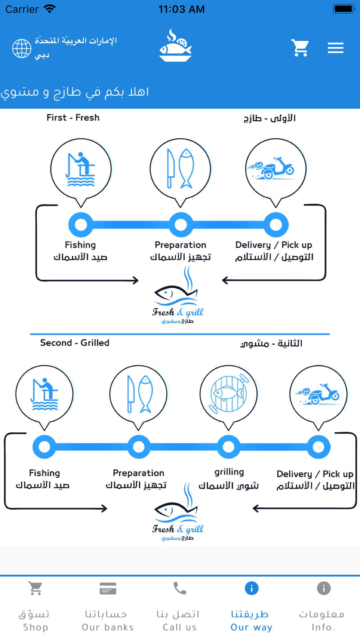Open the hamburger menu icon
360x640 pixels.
point(336,48)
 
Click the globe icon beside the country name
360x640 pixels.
point(22,48)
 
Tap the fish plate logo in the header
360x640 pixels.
point(176,46)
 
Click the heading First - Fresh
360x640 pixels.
point(73,118)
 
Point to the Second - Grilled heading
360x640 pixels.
point(75,343)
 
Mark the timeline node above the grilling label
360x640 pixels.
point(229,447)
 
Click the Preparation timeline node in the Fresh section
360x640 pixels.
point(180,225)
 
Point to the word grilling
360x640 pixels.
point(229,472)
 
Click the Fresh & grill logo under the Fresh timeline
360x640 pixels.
point(178,295)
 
